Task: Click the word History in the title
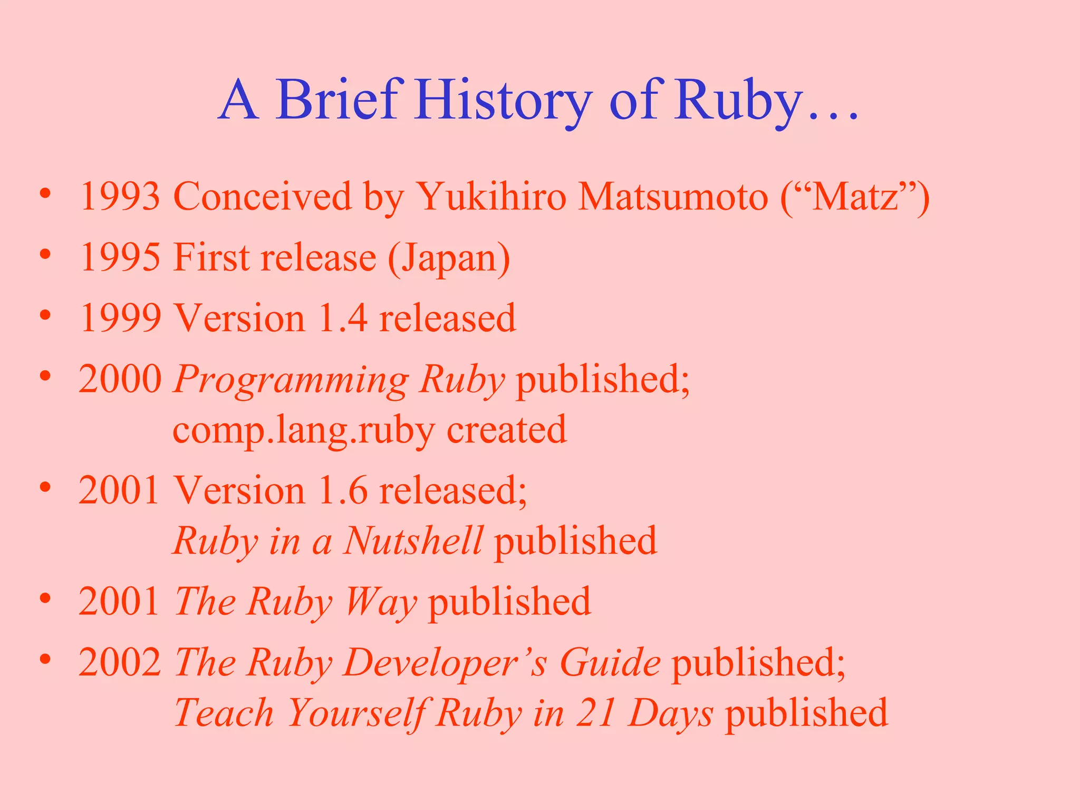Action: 503,100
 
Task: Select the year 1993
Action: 120,197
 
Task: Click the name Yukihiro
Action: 491,197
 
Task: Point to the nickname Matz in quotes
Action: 855,197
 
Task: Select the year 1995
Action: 120,257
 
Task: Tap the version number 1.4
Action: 343,318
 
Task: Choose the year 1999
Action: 120,318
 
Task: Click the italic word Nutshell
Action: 413,541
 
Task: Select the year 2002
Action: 120,662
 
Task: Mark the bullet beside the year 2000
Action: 45,376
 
